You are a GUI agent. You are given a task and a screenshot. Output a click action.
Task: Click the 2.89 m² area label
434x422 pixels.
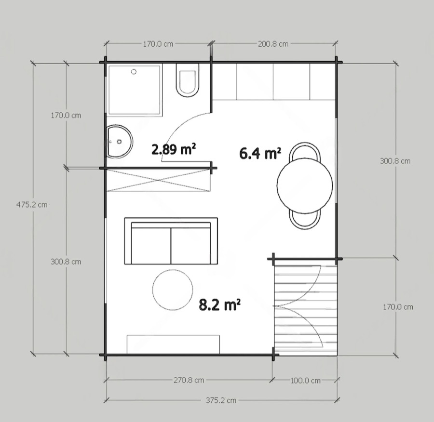(x=174, y=149)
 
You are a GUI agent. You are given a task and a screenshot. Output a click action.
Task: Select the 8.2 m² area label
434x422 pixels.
(x=220, y=305)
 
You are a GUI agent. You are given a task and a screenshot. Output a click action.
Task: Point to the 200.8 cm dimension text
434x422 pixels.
(x=273, y=44)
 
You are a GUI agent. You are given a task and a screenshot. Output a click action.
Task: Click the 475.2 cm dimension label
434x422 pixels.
(x=32, y=205)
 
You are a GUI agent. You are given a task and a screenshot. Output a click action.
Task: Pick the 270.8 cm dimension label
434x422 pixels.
(x=189, y=380)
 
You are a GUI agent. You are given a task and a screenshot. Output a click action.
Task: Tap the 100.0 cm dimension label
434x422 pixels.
(x=306, y=381)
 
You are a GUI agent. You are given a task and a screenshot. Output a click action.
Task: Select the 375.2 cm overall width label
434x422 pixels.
(x=221, y=400)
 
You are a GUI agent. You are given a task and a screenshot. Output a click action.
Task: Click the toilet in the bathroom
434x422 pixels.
(x=188, y=80)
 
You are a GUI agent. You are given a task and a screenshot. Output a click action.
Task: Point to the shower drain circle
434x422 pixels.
(x=134, y=72)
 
